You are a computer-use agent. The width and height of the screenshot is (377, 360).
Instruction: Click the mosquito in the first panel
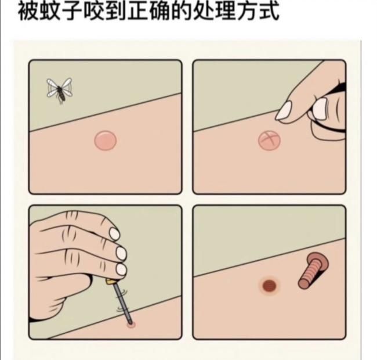click(59, 90)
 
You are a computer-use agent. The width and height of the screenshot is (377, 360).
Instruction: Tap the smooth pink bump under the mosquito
click(106, 141)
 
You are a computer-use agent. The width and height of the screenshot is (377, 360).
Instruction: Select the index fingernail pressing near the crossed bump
click(284, 111)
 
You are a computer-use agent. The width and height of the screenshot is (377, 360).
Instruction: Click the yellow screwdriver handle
click(111, 281)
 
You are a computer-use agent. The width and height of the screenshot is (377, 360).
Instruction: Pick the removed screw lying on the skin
click(313, 270)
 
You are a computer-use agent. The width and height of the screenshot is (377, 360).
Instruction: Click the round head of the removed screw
click(318, 261)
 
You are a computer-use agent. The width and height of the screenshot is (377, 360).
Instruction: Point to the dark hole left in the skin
click(269, 286)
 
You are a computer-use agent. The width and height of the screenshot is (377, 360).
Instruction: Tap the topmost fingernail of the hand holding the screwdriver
click(114, 233)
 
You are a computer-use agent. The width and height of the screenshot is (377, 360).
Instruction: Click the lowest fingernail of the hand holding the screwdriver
click(121, 269)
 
